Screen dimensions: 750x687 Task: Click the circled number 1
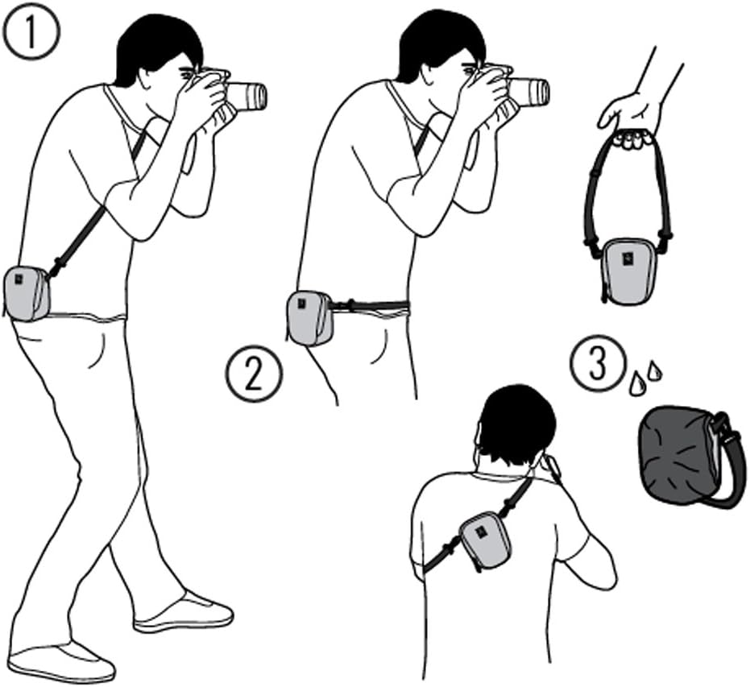[x=31, y=31]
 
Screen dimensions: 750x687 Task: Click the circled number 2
[x=254, y=374]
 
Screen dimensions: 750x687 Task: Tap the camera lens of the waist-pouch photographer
[x=530, y=92]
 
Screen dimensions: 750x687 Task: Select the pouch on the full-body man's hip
[x=27, y=293]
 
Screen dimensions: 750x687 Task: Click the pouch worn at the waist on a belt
[x=310, y=318]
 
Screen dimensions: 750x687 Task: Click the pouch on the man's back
[x=484, y=540]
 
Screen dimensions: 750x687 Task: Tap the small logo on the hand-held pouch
[x=626, y=259]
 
